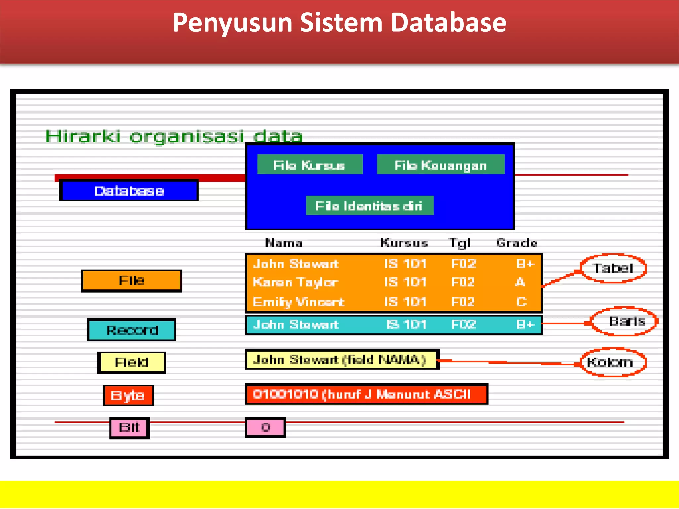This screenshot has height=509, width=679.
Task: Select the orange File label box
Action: click(132, 281)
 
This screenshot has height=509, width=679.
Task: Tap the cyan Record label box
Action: click(132, 330)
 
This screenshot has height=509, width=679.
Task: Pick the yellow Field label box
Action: click(132, 362)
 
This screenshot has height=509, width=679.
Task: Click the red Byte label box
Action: click(128, 395)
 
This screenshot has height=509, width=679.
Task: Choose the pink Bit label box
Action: click(130, 427)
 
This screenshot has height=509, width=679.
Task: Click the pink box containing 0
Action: click(265, 427)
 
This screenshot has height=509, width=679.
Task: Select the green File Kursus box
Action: click(310, 165)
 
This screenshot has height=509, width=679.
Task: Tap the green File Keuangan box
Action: click(441, 165)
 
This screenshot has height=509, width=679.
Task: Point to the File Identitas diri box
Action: click(369, 206)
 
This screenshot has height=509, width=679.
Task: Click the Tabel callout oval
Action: click(613, 268)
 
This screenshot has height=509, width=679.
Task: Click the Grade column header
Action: click(516, 243)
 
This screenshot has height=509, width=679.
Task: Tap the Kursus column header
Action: click(404, 243)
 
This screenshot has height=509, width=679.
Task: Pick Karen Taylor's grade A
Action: click(520, 282)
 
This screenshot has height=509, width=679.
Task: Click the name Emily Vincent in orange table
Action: click(298, 302)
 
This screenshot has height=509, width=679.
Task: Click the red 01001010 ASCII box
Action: click(366, 394)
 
